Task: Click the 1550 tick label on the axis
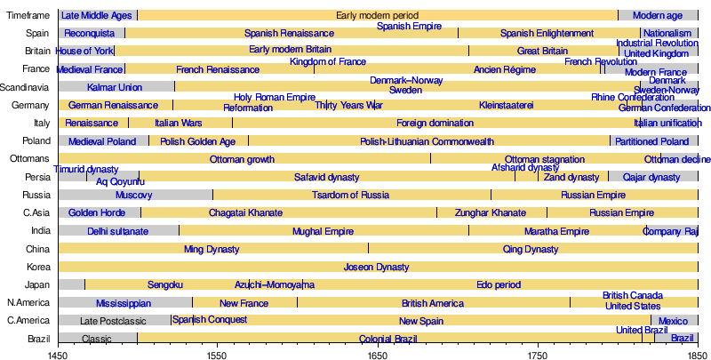[x=218, y=355]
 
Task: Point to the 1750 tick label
[x=538, y=355]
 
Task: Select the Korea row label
[x=38, y=267]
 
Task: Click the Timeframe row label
[x=28, y=15]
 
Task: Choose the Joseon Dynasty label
[x=377, y=267]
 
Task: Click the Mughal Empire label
[x=323, y=231]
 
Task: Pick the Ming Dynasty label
[x=212, y=249]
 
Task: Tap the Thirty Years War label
[x=348, y=105]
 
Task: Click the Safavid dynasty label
[x=327, y=177]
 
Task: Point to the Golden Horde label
[x=97, y=213]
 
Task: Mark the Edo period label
[x=499, y=284]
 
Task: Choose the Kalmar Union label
[x=115, y=87]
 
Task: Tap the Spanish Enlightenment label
[x=547, y=33]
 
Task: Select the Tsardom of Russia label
[x=350, y=195]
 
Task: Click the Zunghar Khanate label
[x=491, y=213]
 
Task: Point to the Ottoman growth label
[x=242, y=159]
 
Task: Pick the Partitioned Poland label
[x=652, y=141]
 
